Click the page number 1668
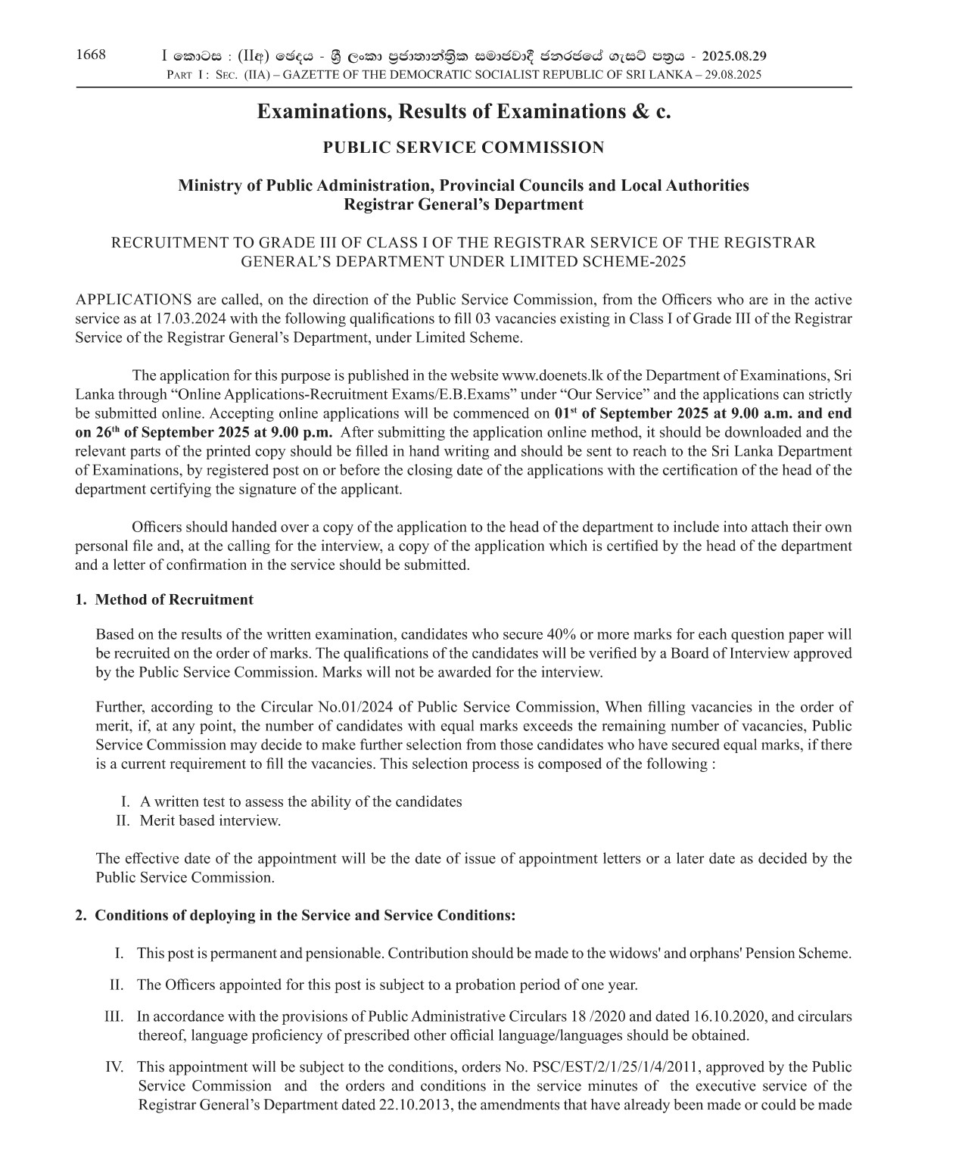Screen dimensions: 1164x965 click(91, 54)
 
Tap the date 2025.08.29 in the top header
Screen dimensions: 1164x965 click(734, 56)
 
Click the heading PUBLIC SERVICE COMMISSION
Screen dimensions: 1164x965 click(463, 148)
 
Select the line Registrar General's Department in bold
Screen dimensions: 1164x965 click(463, 204)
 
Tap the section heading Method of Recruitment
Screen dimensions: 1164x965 click(174, 599)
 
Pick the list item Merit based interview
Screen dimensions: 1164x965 click(210, 820)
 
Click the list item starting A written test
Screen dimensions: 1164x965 click(300, 801)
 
